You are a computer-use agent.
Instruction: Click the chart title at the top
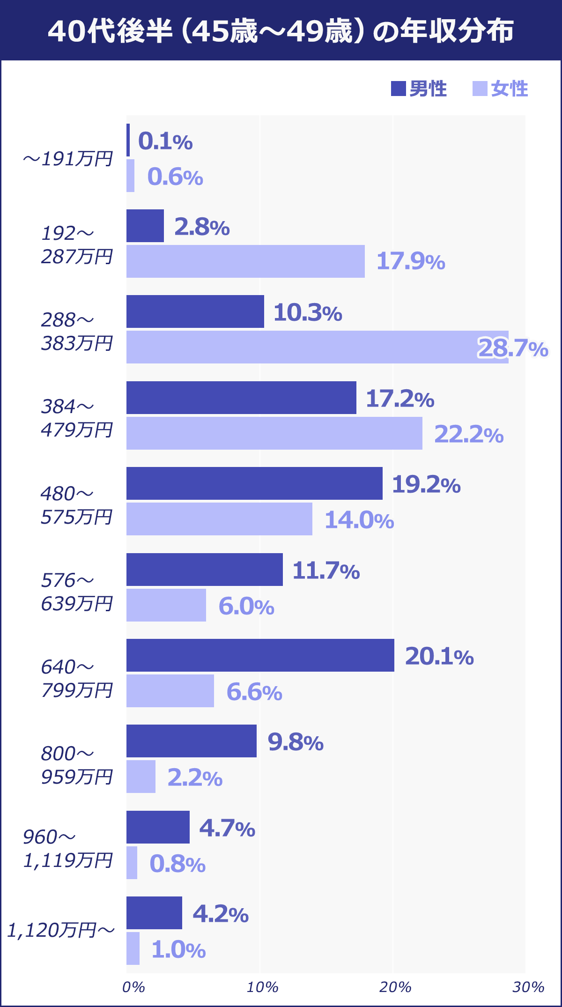[281, 31]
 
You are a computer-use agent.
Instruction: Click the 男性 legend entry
[419, 89]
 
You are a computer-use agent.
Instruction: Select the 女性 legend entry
[501, 89]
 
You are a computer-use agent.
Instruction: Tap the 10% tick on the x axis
[262, 987]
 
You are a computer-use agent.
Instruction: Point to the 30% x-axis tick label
[528, 987]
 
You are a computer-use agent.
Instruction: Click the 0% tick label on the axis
[133, 987]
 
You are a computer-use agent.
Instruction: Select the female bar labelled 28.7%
[317, 347]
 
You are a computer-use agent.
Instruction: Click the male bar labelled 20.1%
[260, 655]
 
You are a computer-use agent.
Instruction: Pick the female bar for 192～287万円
[245, 261]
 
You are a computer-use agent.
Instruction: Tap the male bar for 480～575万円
[254, 483]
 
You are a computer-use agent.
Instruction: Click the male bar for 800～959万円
[192, 741]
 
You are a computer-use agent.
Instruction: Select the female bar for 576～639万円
[166, 605]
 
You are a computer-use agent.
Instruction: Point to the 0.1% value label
[165, 141]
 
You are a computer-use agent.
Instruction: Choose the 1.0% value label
[178, 950]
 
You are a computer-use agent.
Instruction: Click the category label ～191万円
[68, 159]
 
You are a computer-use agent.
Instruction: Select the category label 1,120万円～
[61, 930]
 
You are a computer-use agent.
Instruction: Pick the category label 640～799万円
[77, 678]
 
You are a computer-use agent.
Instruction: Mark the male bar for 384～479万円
[241, 398]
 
